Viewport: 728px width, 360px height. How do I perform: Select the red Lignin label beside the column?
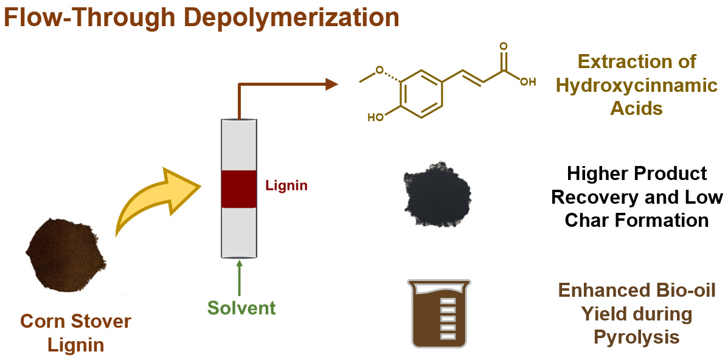pyautogui.click(x=286, y=186)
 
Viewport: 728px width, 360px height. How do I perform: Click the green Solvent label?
pyautogui.click(x=241, y=307)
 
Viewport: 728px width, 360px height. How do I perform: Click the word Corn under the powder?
pyautogui.click(x=43, y=321)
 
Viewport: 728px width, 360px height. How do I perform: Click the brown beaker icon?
pyautogui.click(x=439, y=313)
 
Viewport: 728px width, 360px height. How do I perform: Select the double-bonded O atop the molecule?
pyautogui.click(x=502, y=46)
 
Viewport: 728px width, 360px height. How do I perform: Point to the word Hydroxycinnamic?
pyautogui.click(x=637, y=85)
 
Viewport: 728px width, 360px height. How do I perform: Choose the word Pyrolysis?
pyautogui.click(x=636, y=336)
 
